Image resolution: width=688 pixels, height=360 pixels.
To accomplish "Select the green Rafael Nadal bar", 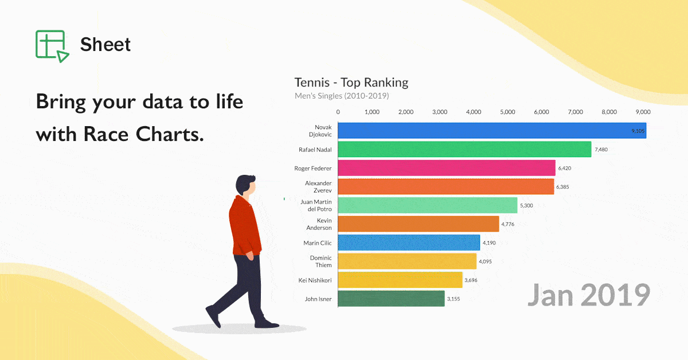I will (464, 150).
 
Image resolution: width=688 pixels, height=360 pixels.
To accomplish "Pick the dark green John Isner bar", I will (391, 299).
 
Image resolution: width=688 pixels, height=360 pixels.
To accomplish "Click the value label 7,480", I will (601, 150).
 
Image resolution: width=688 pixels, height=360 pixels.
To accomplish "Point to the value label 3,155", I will (454, 299).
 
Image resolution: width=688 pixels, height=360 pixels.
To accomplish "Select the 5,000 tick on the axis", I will (507, 112).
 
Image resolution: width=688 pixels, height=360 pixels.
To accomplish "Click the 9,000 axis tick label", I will (643, 112).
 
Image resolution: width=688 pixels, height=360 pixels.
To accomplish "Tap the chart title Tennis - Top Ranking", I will (351, 83).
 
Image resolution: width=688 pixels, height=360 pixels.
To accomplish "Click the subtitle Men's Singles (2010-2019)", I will (342, 96).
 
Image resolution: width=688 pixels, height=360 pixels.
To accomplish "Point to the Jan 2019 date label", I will (588, 295).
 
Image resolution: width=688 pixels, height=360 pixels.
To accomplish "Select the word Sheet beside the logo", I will (105, 45).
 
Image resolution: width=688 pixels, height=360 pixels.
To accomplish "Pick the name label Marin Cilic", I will (318, 243).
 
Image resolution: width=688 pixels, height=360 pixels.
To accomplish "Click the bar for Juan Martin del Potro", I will (427, 205).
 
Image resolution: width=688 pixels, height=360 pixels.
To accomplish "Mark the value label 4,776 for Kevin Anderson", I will (508, 224).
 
